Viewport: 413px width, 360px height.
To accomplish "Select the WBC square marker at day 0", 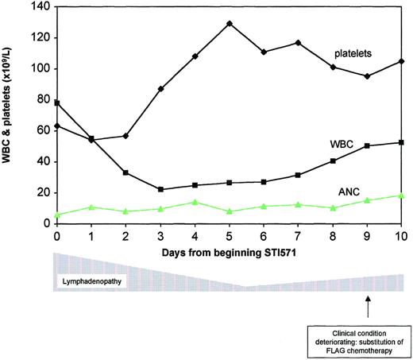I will [x=56, y=103].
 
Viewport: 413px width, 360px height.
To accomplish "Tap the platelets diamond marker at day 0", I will [x=56, y=126].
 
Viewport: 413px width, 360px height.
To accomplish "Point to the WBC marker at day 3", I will [x=160, y=189].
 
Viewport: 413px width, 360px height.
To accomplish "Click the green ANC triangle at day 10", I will [x=403, y=195].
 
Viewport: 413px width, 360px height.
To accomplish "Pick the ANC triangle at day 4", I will [x=195, y=202].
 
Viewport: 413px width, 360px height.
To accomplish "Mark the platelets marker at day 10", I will [x=403, y=61].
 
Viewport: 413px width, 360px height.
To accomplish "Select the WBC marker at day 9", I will [x=368, y=146].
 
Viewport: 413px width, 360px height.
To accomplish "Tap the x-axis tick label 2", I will [x=125, y=236].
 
